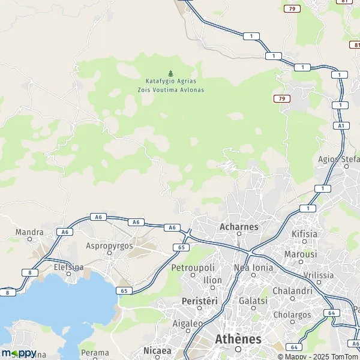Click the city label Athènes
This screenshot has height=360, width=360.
(238, 339)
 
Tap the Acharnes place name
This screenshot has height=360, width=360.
(238, 227)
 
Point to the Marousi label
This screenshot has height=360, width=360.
(301, 254)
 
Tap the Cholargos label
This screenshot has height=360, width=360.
(292, 314)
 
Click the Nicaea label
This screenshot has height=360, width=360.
(157, 350)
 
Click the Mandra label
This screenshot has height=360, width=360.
(30, 232)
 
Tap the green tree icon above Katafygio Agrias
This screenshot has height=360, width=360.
(170, 73)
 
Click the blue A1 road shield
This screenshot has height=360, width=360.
(341, 125)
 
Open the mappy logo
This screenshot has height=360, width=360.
(19, 352)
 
